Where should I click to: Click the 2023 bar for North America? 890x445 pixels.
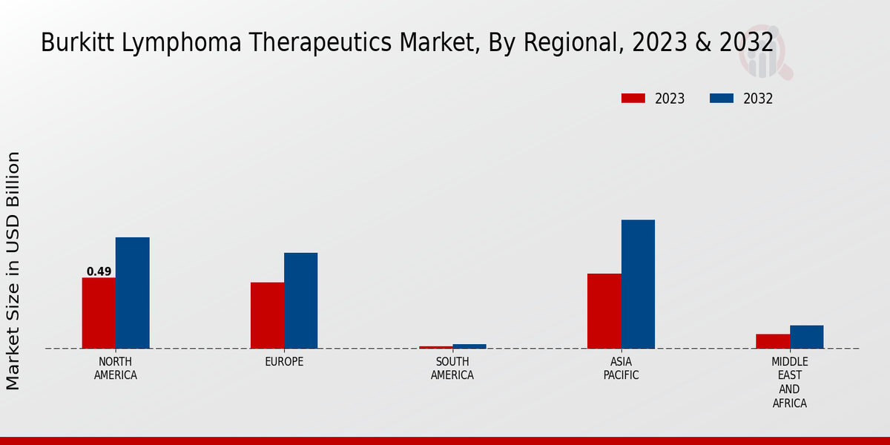99,313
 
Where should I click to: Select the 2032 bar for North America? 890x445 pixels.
132,293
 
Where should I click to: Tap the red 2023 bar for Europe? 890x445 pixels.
267,315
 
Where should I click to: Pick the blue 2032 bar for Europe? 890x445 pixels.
300,300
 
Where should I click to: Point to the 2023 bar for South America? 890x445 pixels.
435,347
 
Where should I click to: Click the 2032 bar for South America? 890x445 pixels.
469,346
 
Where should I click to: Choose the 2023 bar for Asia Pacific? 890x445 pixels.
604,311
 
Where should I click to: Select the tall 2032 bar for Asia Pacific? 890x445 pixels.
638,284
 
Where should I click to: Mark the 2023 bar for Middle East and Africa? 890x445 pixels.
773,341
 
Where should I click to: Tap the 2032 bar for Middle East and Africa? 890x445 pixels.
806,337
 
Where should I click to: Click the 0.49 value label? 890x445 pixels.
99,271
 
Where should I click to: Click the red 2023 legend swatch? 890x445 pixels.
633,99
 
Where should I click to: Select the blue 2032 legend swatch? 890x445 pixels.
722,99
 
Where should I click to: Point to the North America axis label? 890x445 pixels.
115,368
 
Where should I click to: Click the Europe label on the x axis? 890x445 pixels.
284,362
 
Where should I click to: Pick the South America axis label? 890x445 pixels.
452,368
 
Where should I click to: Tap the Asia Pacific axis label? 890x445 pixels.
621,368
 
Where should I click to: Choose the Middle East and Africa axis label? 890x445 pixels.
789,382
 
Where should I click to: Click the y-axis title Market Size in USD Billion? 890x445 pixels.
13,271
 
